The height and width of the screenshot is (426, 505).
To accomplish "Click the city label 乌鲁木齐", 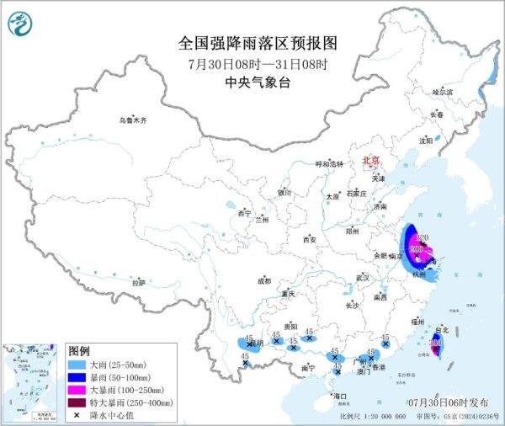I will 132,120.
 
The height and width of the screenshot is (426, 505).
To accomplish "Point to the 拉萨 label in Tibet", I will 138,283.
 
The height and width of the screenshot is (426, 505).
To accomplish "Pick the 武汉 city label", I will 364,277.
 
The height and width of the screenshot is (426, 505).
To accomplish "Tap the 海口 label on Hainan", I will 339,395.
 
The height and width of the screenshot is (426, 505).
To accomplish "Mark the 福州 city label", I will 418,322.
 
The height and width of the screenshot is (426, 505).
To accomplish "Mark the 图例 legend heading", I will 79,350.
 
